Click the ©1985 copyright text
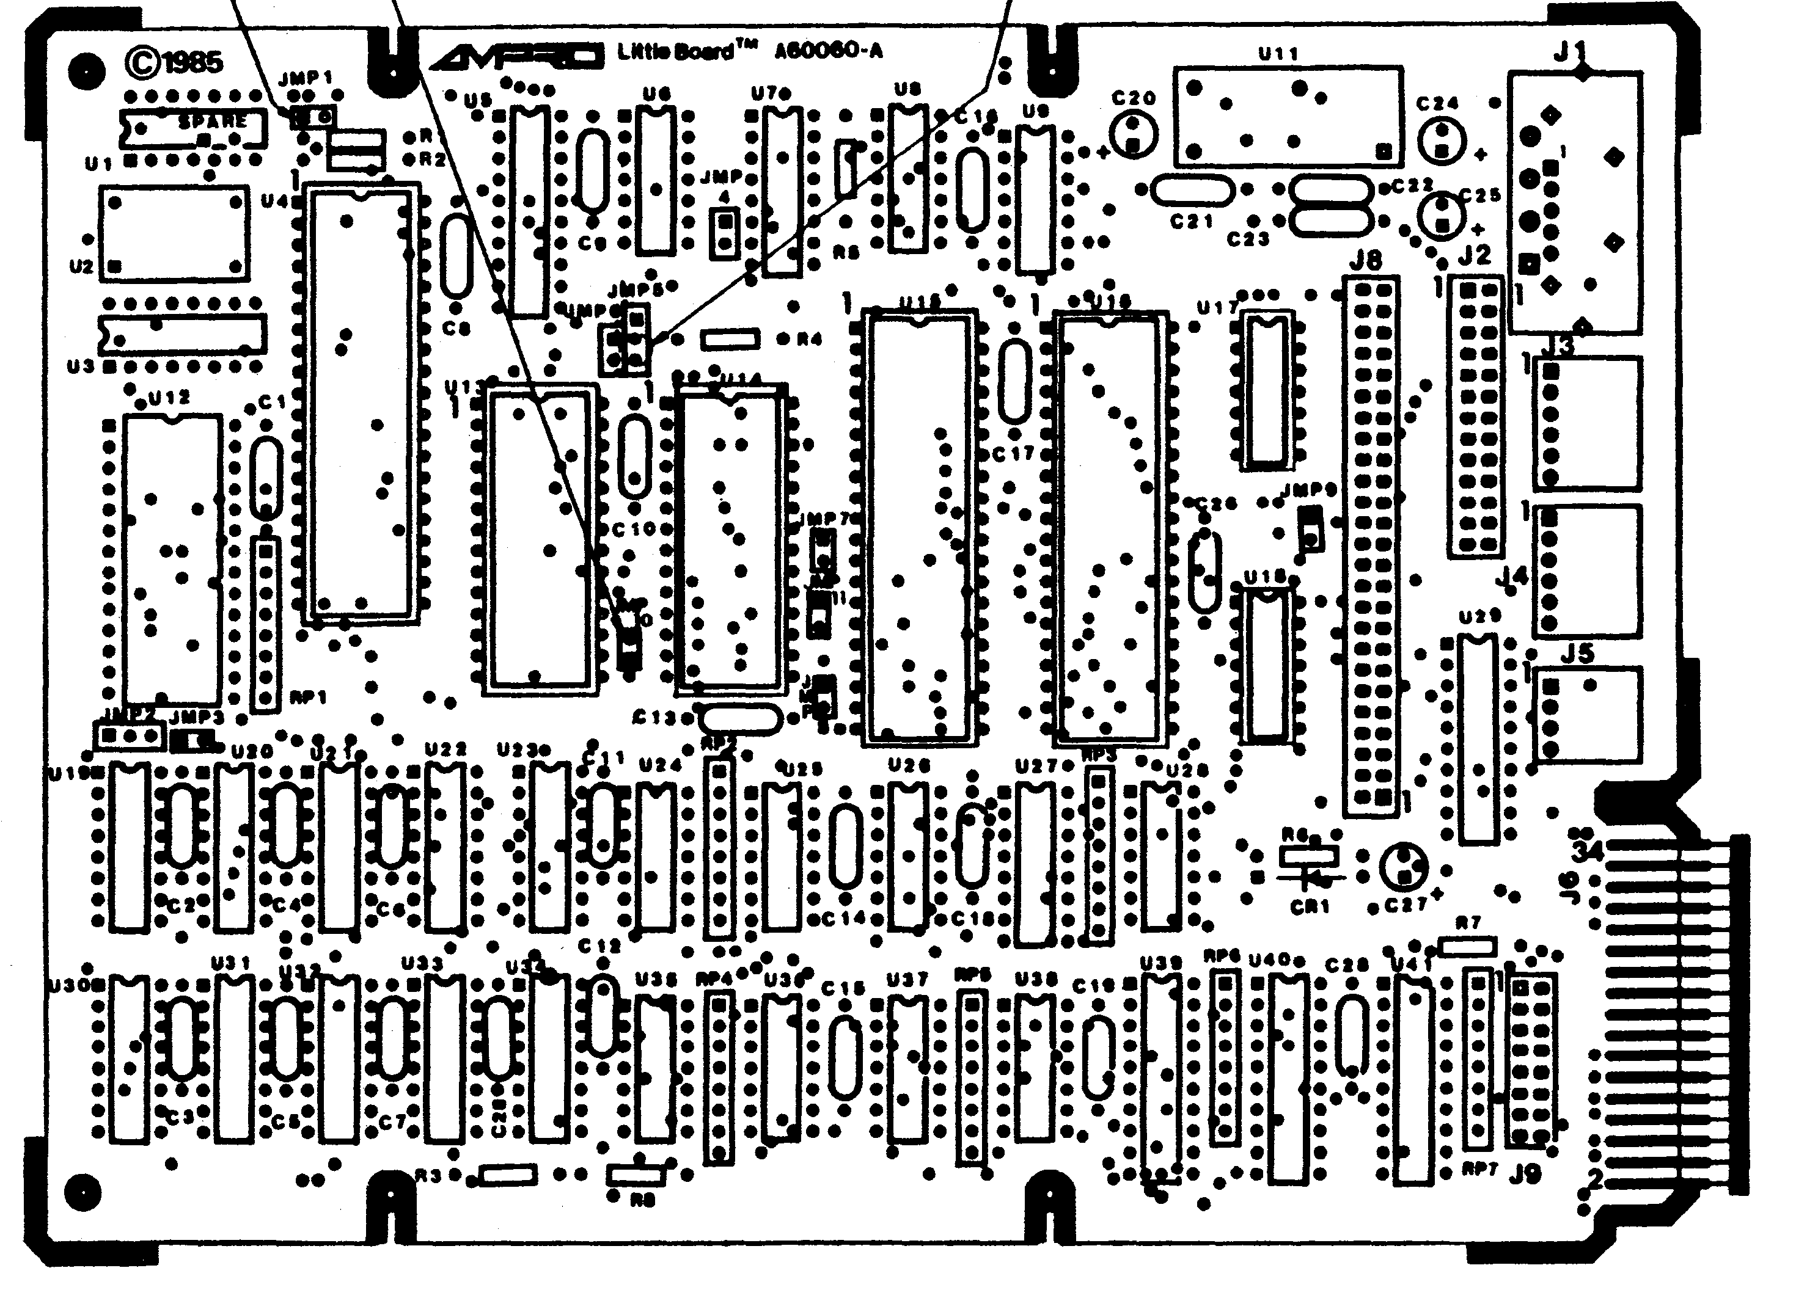(175, 61)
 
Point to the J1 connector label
(1569, 53)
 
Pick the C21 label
(1192, 222)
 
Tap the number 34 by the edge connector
(1588, 851)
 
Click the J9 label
(1524, 1174)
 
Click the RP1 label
(309, 698)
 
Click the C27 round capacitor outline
(1404, 867)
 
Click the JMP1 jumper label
(306, 78)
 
